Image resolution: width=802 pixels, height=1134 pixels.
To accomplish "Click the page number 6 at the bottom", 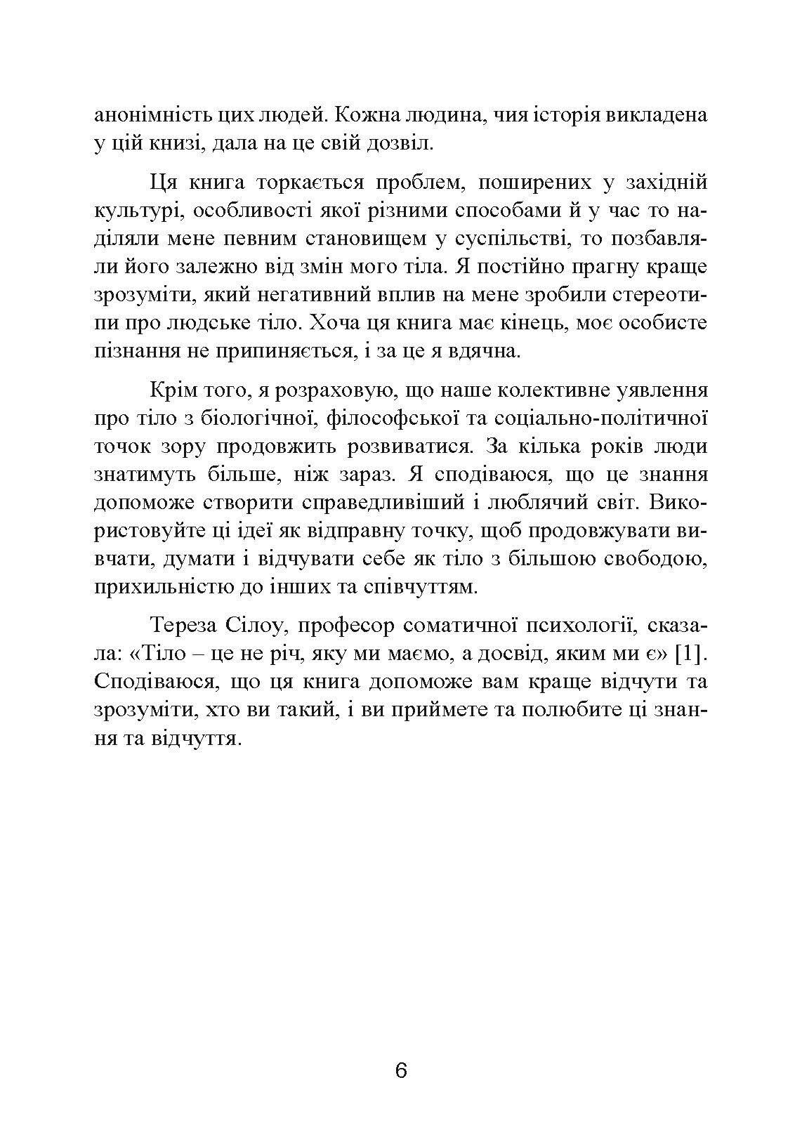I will (401, 1072).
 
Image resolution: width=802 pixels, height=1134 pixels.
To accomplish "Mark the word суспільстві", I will (503, 239).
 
